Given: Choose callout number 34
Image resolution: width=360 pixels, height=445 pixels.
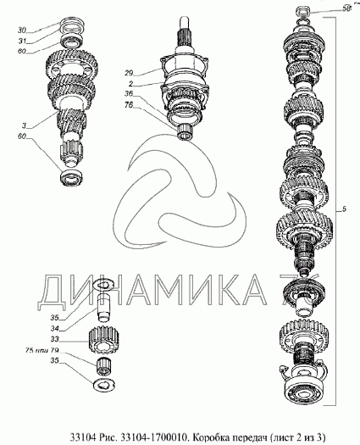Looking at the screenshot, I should point(79,327).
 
